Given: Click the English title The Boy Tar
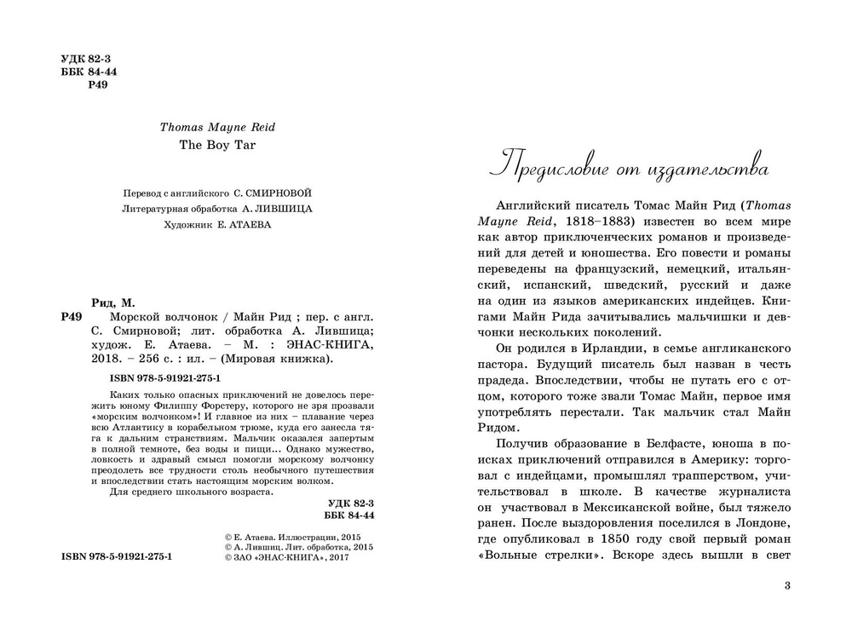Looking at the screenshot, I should click(217, 144).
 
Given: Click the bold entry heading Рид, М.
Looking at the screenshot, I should click(112, 302).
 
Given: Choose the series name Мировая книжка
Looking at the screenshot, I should click(291, 359).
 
